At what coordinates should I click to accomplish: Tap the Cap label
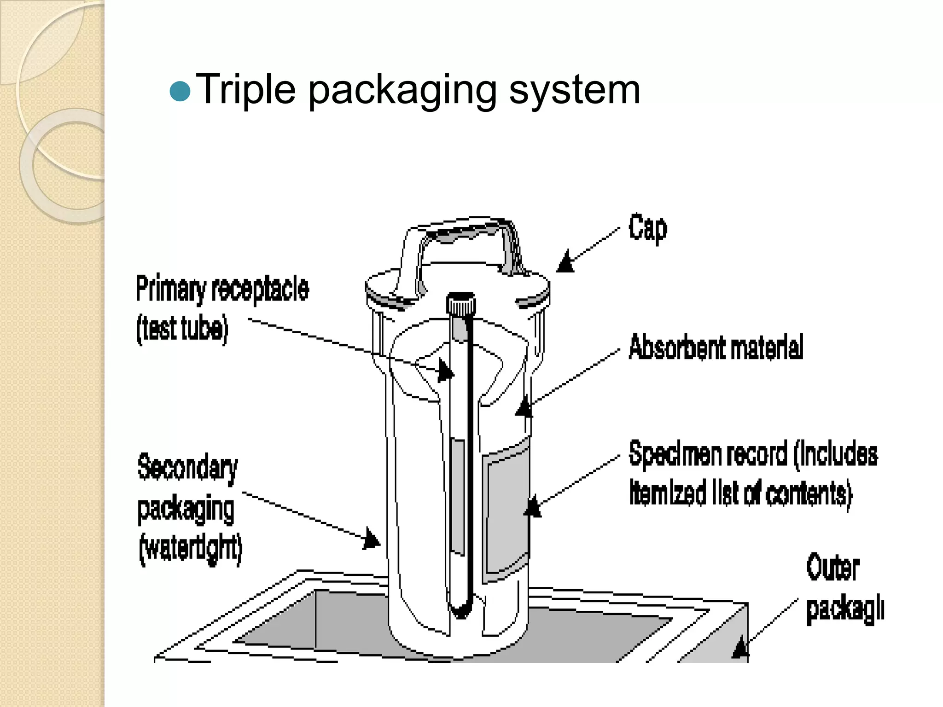[648, 228]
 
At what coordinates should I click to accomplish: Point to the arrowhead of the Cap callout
[565, 262]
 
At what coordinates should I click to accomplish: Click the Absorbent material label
[716, 347]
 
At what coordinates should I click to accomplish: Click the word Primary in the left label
[171, 289]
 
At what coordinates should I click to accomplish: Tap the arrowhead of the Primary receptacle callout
[445, 371]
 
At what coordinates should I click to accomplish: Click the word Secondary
[188, 467]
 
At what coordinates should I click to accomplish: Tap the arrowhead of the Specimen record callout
[533, 507]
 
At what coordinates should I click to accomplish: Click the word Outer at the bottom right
[832, 568]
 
